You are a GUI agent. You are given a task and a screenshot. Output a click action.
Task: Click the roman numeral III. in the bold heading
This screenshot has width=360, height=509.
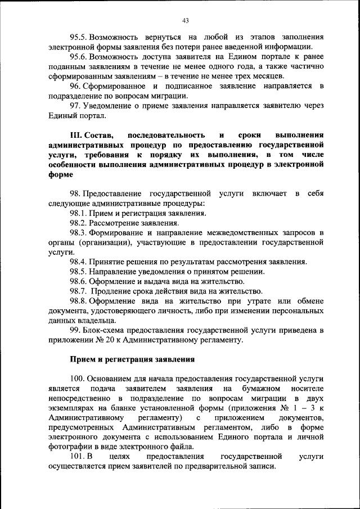click(76, 136)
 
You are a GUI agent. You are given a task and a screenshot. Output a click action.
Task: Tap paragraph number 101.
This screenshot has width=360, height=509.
click(78, 457)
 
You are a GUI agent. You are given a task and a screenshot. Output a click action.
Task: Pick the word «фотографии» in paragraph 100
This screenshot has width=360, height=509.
click(69, 447)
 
